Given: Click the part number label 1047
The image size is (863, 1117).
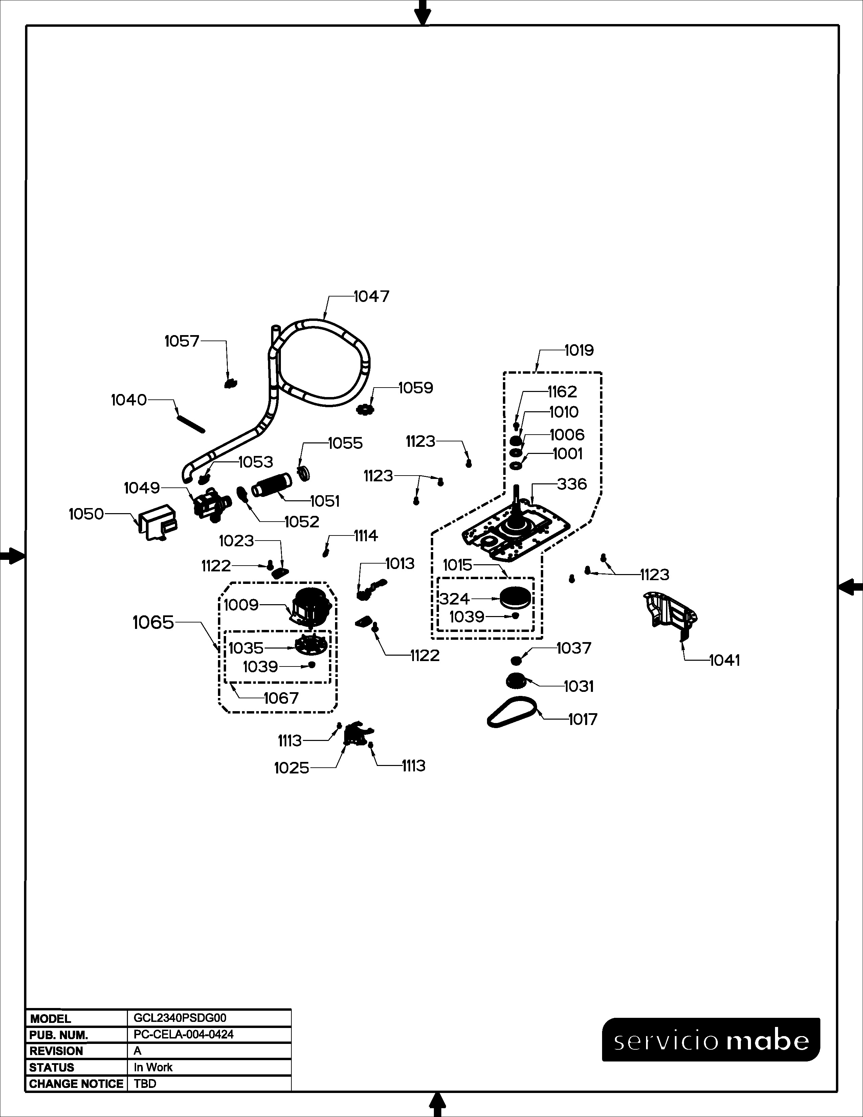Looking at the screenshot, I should (x=371, y=296).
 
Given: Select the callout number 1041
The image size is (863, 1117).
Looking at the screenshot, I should (x=725, y=660).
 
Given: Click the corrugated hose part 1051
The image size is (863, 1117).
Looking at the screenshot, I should (x=271, y=484).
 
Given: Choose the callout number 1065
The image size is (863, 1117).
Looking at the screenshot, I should (x=153, y=622).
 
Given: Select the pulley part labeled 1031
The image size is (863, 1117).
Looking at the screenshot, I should (x=516, y=681).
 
